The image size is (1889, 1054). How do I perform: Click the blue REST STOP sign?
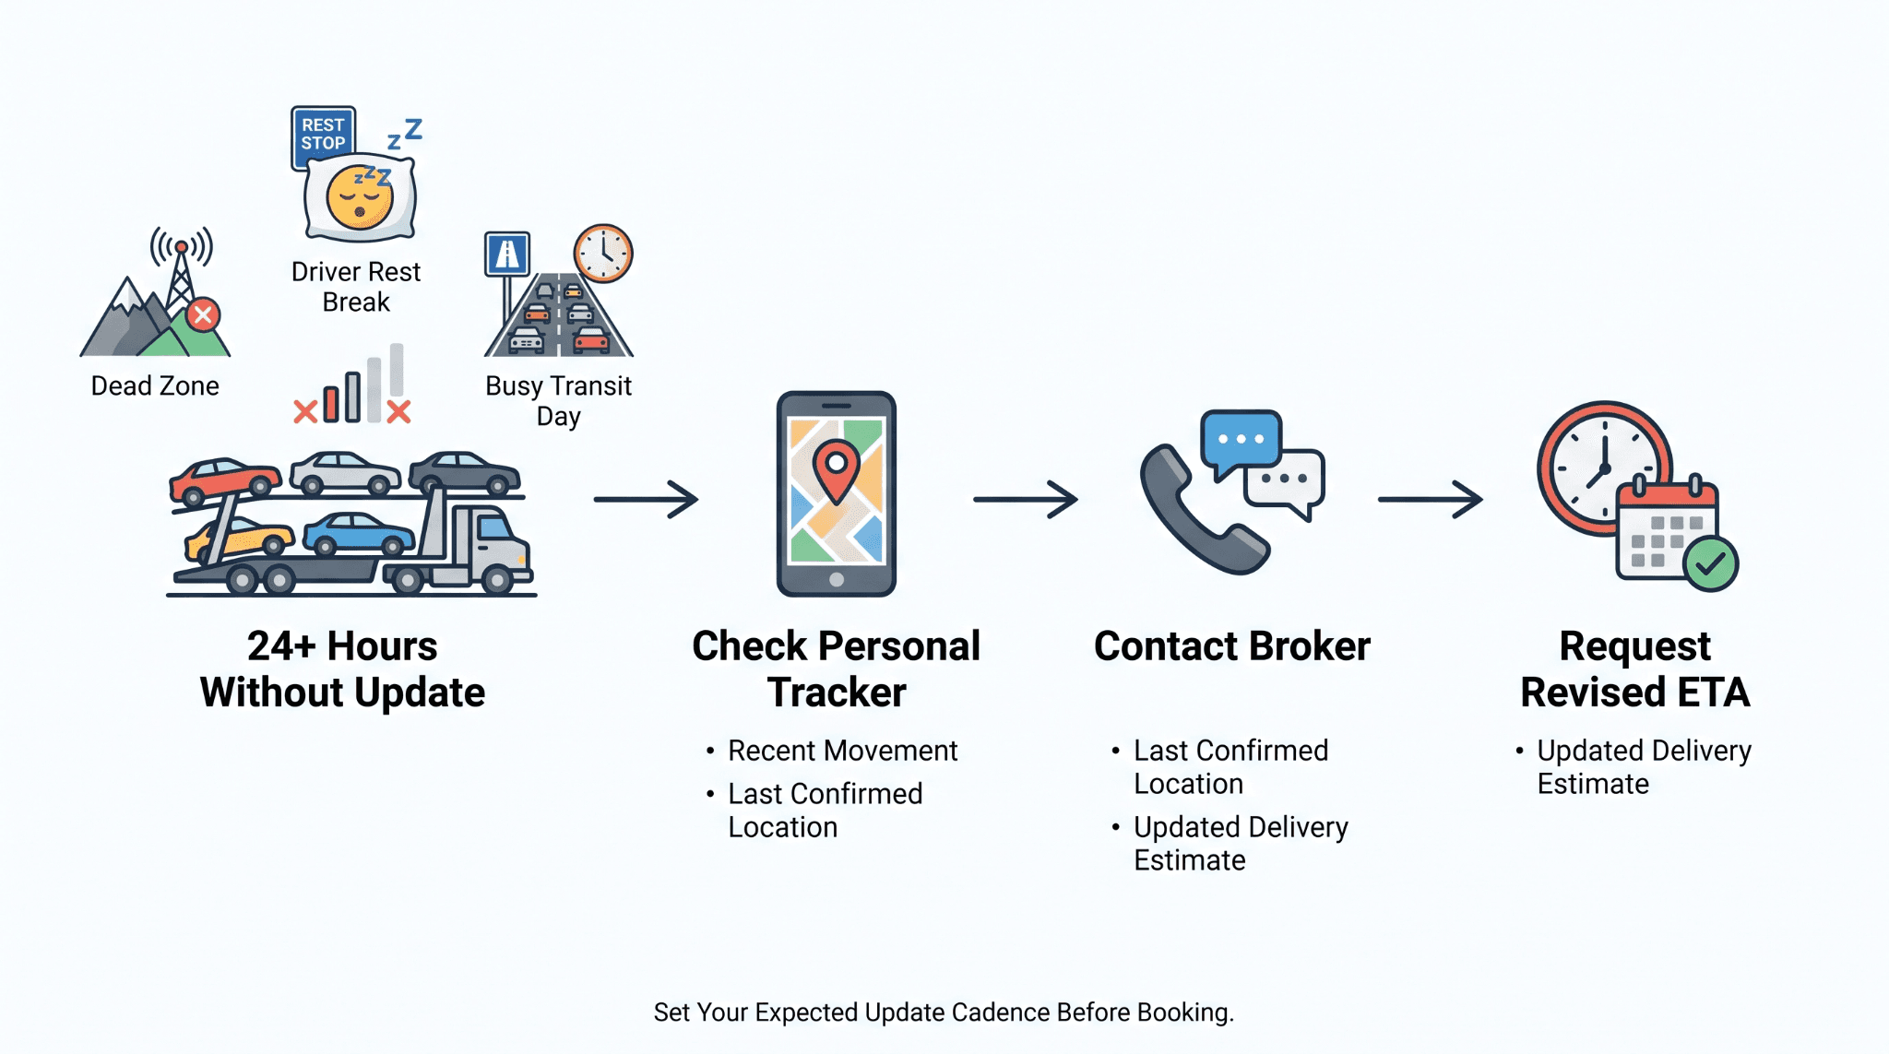coord(324,136)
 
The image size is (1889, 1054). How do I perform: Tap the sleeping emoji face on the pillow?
coord(360,197)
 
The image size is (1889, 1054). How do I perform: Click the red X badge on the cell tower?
coord(203,315)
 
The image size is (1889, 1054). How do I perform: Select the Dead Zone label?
coord(155,385)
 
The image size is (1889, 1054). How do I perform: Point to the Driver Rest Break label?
coord(356,287)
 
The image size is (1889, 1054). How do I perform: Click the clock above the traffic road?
coord(603,253)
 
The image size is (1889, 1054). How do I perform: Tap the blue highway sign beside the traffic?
coord(507,255)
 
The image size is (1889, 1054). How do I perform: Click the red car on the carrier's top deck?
coord(225,480)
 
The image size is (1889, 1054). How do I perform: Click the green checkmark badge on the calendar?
coord(1710,563)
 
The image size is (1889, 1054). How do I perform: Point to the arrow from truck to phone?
coord(646,500)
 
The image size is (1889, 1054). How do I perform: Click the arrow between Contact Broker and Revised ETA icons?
coord(1431,500)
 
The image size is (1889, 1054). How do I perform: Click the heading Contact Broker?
coord(1232,646)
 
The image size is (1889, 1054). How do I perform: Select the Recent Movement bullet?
coord(832,751)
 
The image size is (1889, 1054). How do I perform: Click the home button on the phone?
coord(837,580)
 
